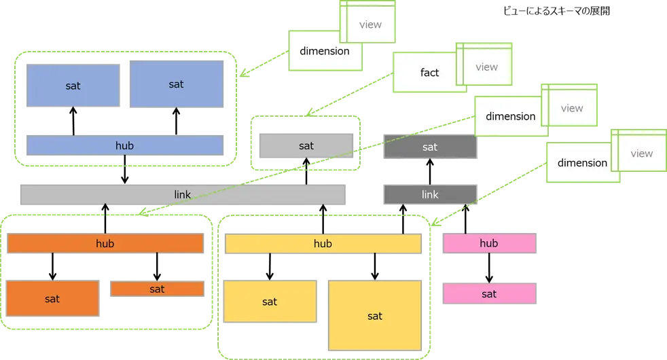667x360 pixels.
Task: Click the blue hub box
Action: (124, 145)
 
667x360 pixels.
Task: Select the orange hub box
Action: (105, 244)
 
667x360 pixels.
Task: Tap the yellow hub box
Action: (323, 244)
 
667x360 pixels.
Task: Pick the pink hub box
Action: (489, 243)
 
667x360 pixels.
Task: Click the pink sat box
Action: (489, 294)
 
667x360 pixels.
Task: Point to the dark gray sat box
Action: (430, 147)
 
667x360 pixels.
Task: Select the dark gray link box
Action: (430, 195)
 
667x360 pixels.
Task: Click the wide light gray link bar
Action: (182, 195)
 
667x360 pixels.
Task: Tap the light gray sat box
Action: (306, 145)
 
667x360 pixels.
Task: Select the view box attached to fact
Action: (486, 67)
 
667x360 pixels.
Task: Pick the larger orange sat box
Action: (52, 299)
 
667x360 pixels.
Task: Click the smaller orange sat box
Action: (157, 289)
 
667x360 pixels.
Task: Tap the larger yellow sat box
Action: (375, 316)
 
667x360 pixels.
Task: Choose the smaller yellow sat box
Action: (270, 302)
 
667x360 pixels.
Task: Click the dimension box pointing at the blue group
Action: (324, 52)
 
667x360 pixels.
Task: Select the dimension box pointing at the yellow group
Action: (581, 163)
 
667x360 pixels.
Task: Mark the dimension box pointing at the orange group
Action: (510, 117)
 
